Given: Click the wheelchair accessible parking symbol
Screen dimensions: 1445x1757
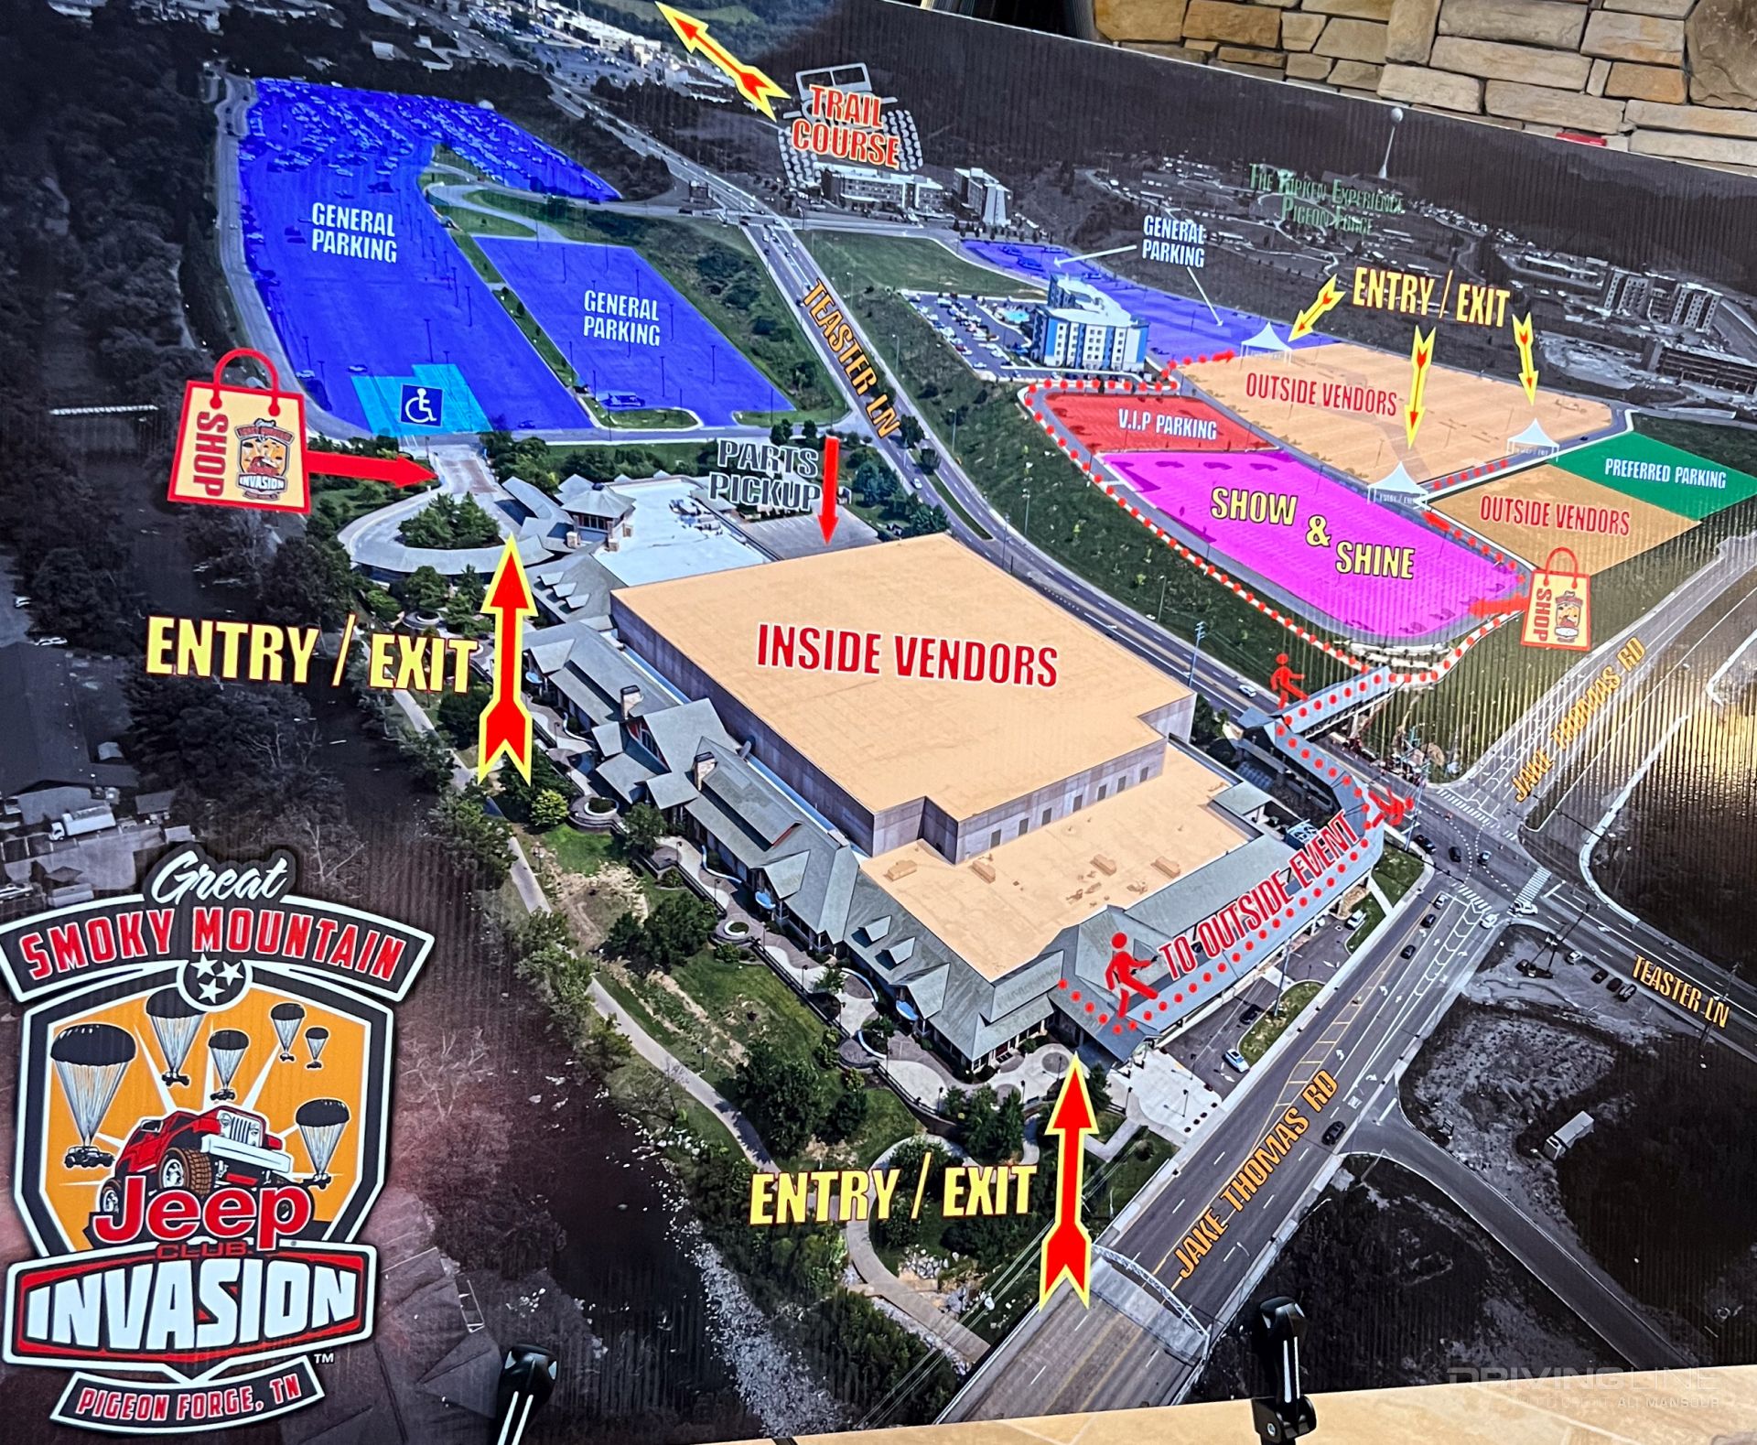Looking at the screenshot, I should [421, 402].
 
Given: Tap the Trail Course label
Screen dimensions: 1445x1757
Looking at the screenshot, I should [846, 128].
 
